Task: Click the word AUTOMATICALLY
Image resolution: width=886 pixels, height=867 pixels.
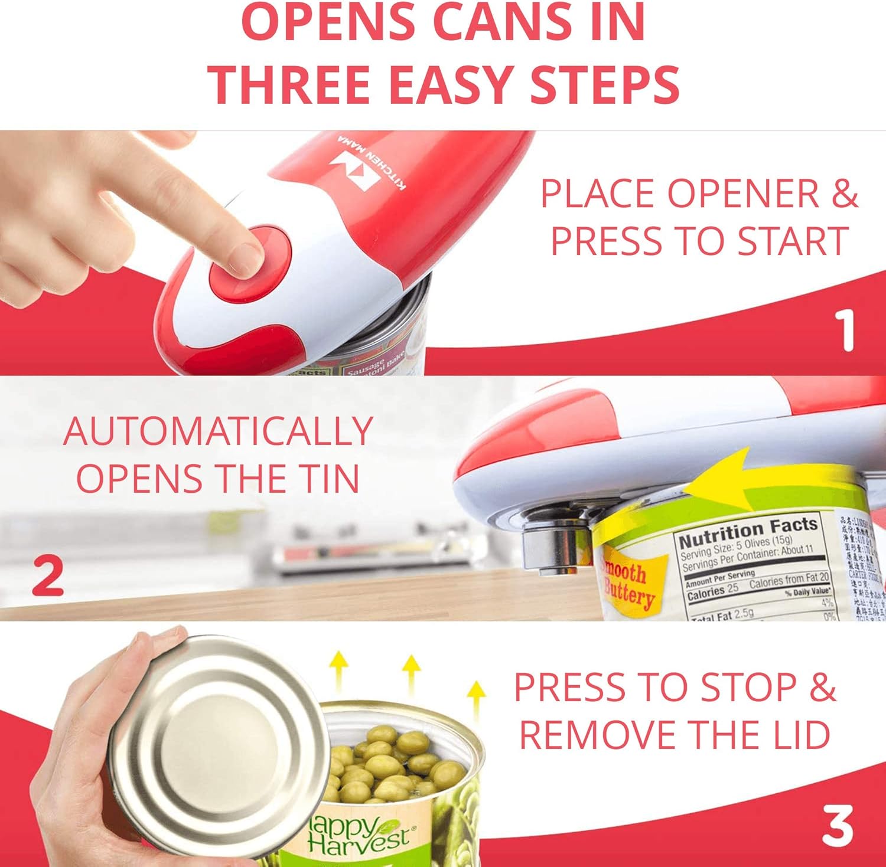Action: pos(217,431)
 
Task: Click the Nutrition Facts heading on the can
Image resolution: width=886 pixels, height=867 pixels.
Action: pos(747,531)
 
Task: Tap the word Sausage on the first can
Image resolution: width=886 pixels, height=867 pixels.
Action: pos(364,367)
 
